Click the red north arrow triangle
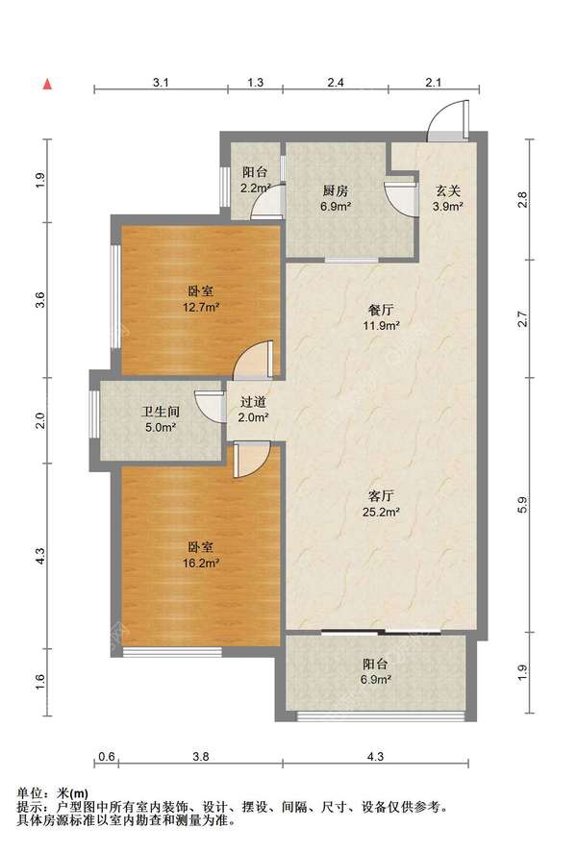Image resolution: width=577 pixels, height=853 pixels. coord(48,84)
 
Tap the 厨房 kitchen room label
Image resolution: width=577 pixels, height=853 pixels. coord(336,190)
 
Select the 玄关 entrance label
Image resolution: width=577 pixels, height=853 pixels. coord(448,190)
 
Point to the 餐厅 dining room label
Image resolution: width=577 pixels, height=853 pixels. coord(381,310)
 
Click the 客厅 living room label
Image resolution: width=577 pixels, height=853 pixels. coord(381,495)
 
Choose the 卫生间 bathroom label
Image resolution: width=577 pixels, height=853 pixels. coord(161,412)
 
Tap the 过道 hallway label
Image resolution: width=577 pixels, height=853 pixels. coord(254,401)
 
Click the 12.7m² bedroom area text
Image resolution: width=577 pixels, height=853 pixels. coord(201,308)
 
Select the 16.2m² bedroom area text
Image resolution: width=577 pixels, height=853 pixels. coord(201,563)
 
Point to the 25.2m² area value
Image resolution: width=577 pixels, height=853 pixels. coord(381,512)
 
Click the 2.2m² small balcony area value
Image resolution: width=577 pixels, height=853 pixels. coord(256,188)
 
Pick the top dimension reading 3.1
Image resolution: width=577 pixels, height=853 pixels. coord(161,83)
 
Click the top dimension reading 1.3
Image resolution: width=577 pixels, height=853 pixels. coord(256,83)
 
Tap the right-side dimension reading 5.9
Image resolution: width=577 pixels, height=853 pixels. coord(522,506)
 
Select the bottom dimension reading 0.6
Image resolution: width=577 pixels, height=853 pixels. coord(107,756)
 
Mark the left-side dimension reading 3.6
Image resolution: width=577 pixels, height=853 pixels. coord(40,300)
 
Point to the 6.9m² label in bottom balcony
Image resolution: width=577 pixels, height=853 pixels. coord(377,680)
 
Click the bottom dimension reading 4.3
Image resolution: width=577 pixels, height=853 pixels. coord(376,756)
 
